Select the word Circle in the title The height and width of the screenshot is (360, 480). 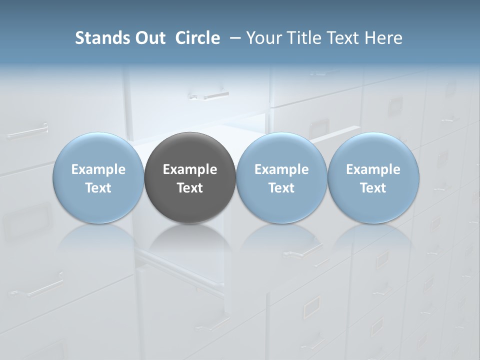[x=197, y=38]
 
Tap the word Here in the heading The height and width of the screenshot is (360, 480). [x=384, y=38]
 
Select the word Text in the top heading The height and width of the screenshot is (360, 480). [x=342, y=38]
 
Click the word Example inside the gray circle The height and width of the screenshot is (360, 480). [x=190, y=169]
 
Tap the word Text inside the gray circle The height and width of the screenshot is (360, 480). [x=190, y=188]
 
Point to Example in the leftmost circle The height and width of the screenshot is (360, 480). [x=98, y=169]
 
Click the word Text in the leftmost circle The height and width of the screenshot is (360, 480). [x=98, y=188]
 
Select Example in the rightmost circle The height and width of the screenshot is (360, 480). [x=373, y=169]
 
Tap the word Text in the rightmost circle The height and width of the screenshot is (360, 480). [x=373, y=188]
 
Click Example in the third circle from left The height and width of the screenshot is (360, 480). [x=281, y=169]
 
